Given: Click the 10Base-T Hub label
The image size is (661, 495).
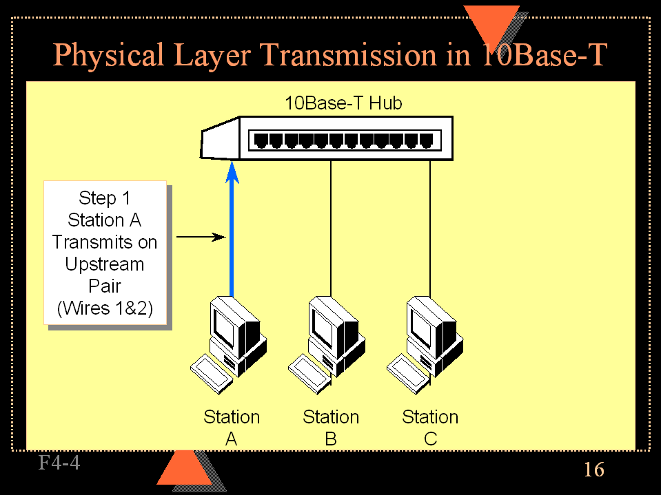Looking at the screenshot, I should coord(343,103).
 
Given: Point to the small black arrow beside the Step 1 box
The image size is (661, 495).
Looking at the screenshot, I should coord(201,238).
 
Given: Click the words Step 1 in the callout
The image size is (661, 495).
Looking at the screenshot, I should coord(104,198).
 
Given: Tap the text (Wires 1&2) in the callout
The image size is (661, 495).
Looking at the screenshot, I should coord(104,308).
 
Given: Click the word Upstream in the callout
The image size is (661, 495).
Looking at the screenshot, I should coord(104,264).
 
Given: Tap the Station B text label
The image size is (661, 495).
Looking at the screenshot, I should coord(331,428).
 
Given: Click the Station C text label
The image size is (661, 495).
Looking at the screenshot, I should coord(430,428).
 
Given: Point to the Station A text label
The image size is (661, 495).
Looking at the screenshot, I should coord(232,428).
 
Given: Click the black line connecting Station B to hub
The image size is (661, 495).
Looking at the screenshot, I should coord(332,227).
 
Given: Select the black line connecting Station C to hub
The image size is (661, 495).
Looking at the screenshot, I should coord(431,227).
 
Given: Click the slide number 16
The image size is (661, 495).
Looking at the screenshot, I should coord(593,470).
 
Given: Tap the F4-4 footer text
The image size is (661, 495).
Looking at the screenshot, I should coord(59,463).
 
